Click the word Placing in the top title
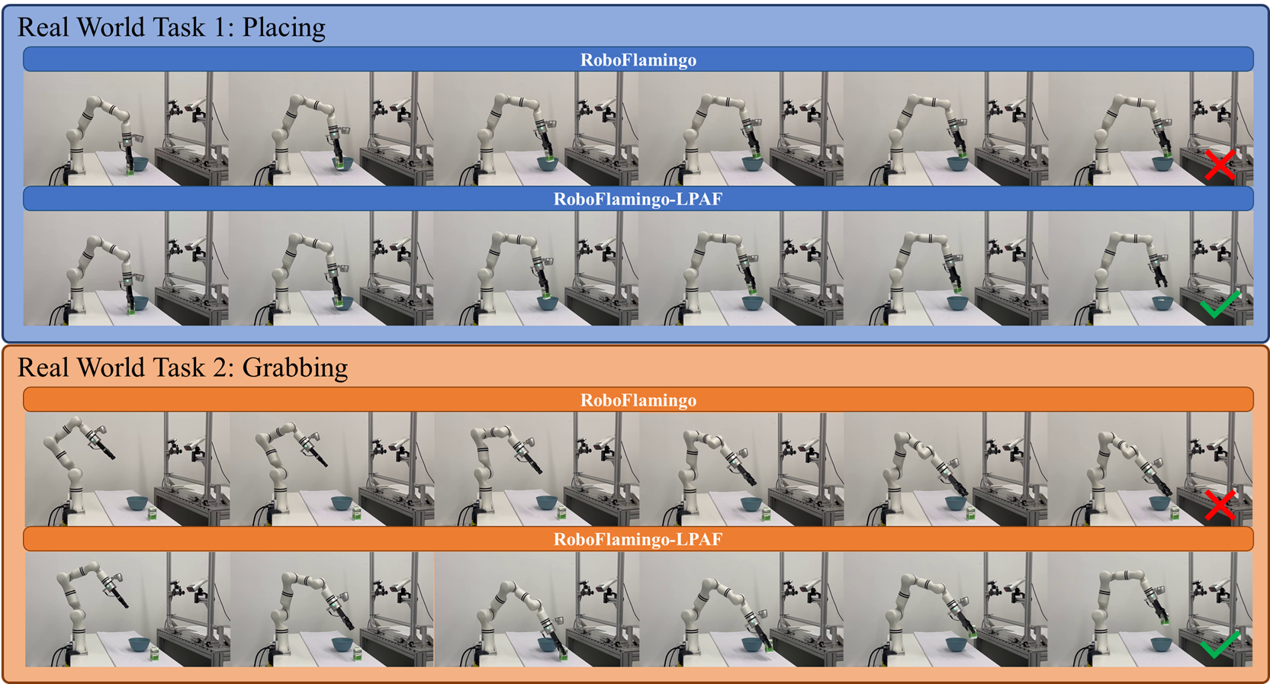click(x=284, y=27)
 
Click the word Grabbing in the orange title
click(x=295, y=368)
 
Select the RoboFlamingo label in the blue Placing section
click(x=638, y=60)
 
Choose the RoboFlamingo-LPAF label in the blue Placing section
click(x=638, y=200)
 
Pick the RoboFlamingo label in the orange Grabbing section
click(x=638, y=400)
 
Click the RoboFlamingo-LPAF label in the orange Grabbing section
click(x=638, y=539)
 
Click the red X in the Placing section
click(x=1220, y=165)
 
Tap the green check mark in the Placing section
click(x=1220, y=305)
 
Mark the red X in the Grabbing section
click(x=1220, y=505)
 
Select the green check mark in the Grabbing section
click(x=1220, y=645)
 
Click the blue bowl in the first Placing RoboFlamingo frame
click(x=138, y=165)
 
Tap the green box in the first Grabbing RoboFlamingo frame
click(x=152, y=513)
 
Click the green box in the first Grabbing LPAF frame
click(x=153, y=654)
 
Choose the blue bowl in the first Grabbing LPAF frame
click(x=139, y=644)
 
